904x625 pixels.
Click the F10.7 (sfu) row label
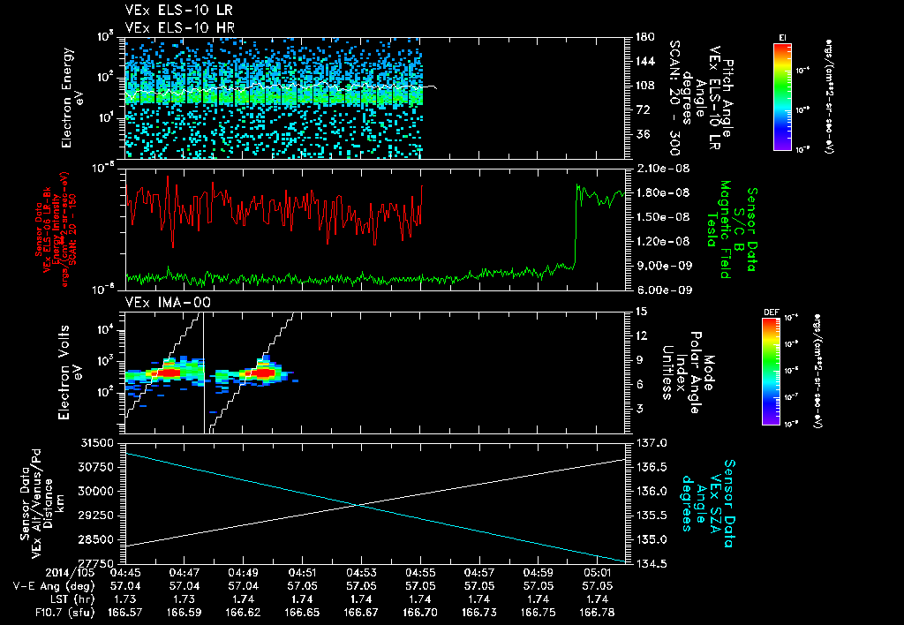point(34,612)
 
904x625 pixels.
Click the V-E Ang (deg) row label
point(35,585)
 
